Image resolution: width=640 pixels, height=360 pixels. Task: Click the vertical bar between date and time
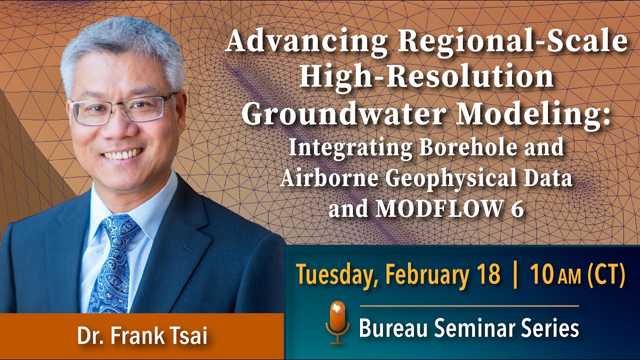point(515,275)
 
